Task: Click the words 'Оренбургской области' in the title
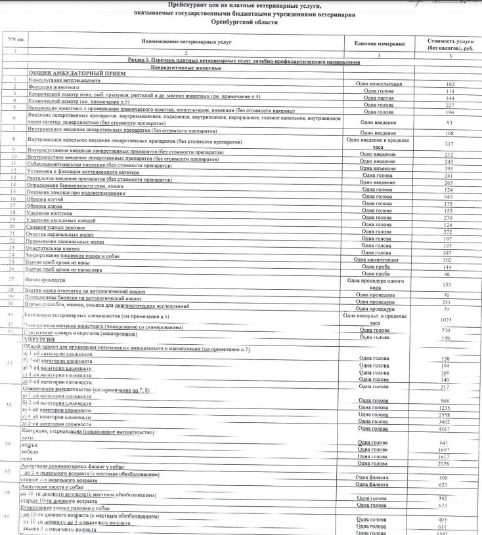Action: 240,22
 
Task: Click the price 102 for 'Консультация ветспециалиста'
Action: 450,84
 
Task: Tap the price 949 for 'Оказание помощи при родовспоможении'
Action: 449,196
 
